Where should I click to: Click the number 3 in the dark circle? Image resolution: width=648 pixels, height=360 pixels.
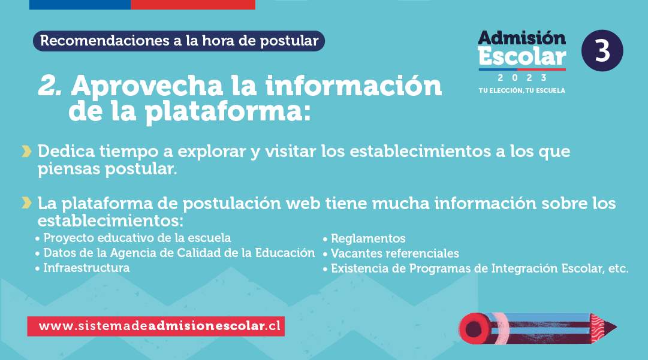tap(602, 51)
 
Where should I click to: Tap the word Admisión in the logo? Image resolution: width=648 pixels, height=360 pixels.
tap(522, 38)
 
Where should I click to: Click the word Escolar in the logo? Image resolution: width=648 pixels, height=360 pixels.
tap(522, 56)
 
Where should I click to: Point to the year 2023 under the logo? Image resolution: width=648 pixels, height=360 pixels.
tap(522, 78)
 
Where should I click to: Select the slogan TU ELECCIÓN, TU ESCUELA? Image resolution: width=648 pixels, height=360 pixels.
tap(522, 90)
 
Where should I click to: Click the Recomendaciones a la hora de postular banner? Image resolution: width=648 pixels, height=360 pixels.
tap(179, 41)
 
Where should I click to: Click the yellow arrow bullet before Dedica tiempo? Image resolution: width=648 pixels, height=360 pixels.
tap(26, 152)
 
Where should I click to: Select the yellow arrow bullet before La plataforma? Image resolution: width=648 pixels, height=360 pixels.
tap(26, 203)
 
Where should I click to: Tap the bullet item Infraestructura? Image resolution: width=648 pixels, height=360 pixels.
tap(86, 268)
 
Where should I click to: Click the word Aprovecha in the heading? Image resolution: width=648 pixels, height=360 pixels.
tap(147, 87)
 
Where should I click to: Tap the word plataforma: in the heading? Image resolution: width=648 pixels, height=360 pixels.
tap(228, 111)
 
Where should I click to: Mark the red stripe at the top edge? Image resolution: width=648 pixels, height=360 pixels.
tap(193, 5)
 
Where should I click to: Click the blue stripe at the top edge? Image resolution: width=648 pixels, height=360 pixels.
tap(80, 5)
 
